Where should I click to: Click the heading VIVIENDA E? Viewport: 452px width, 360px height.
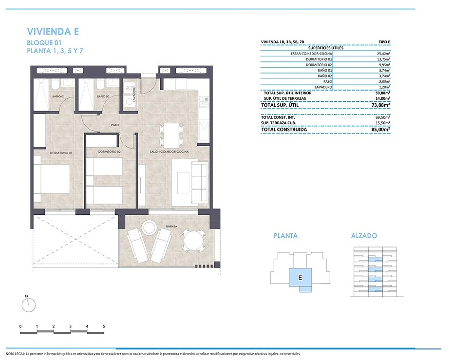(x=53, y=31)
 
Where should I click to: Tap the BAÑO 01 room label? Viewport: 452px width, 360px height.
(x=58, y=96)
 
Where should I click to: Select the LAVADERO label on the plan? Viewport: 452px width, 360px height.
(x=134, y=94)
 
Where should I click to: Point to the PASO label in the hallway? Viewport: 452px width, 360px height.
(x=115, y=125)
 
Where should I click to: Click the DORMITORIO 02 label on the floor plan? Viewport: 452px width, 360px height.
(x=109, y=152)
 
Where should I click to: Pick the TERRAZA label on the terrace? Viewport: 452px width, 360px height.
(x=171, y=227)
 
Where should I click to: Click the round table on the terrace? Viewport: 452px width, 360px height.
(x=193, y=240)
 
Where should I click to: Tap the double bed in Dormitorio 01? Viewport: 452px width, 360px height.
(x=52, y=179)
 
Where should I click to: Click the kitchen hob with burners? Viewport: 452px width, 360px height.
(x=204, y=102)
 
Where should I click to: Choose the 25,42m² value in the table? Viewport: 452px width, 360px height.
(x=384, y=54)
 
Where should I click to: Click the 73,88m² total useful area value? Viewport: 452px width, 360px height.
(x=381, y=105)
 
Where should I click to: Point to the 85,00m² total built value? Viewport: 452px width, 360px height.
(x=381, y=130)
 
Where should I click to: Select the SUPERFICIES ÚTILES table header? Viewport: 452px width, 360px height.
(x=326, y=48)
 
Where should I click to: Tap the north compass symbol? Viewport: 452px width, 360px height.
(x=29, y=304)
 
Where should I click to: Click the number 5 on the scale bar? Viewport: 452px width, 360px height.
(x=104, y=326)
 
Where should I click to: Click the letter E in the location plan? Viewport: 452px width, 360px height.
(x=301, y=278)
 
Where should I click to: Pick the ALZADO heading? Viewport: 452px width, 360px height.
(x=364, y=236)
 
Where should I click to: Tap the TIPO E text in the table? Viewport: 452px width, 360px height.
(x=384, y=42)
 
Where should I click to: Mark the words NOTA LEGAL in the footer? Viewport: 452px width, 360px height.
(x=15, y=354)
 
